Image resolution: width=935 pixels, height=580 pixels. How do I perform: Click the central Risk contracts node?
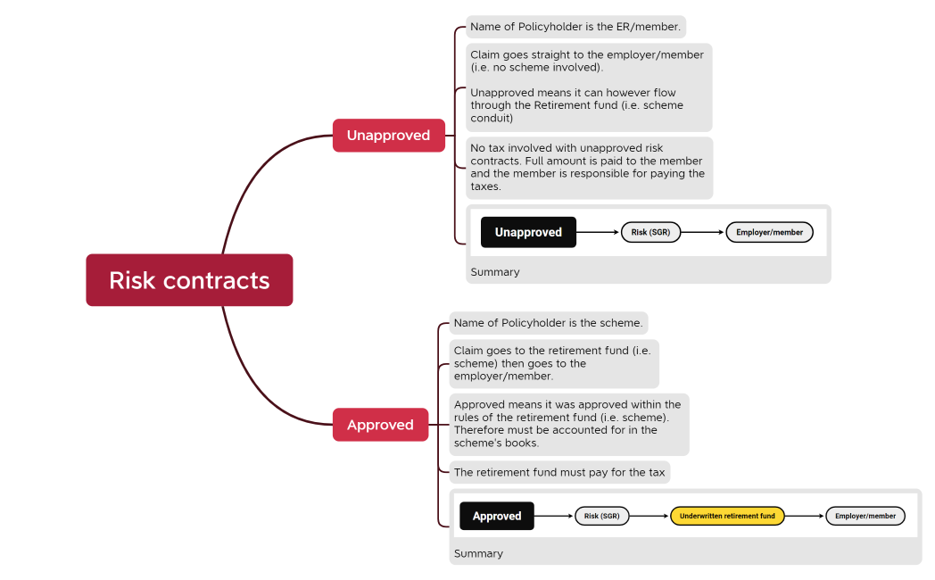(x=189, y=280)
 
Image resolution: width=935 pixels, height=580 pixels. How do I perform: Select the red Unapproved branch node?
(x=388, y=136)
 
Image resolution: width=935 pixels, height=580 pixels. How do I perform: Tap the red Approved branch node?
(x=380, y=425)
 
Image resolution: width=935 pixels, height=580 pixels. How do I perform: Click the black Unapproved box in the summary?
(x=528, y=232)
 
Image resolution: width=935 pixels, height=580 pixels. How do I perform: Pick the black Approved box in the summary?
(x=497, y=516)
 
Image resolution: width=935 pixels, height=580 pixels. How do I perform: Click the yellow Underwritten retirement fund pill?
(x=727, y=516)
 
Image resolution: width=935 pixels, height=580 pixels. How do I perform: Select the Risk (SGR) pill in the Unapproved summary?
(x=650, y=232)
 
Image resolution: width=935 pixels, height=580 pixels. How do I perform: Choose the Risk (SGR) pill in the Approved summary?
(x=601, y=516)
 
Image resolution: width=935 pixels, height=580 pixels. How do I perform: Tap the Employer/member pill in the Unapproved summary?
(x=769, y=232)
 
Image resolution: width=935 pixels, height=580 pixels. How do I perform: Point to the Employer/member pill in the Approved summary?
(x=865, y=516)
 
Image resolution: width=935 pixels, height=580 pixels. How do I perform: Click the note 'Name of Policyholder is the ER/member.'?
(x=575, y=27)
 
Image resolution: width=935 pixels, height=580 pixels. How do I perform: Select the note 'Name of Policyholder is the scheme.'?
(x=548, y=323)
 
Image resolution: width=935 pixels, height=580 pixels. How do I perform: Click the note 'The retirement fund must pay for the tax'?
(x=559, y=472)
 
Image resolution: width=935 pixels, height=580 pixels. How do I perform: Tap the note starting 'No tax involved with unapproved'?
(x=589, y=168)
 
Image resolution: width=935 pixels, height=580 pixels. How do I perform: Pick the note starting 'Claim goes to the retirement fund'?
(x=553, y=363)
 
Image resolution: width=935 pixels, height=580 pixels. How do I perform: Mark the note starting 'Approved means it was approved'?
(x=568, y=424)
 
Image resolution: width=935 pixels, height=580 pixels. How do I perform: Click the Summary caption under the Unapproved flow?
(x=494, y=272)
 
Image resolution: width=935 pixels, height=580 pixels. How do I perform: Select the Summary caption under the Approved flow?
(x=478, y=553)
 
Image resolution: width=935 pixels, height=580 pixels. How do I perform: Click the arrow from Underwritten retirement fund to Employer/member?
(x=805, y=516)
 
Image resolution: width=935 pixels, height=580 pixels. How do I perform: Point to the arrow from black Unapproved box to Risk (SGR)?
(x=598, y=232)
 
